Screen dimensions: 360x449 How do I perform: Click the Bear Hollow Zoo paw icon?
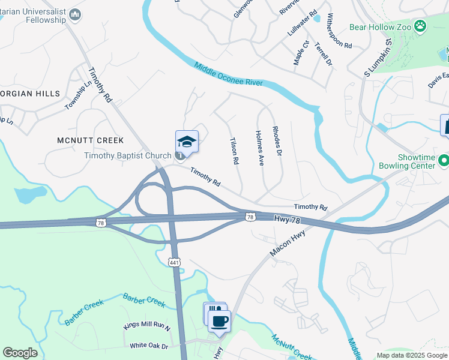point(420,26)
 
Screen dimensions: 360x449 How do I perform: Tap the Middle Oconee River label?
point(229,74)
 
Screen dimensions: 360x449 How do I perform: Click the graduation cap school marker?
point(187,142)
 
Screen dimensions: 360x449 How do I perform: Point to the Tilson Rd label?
point(234,152)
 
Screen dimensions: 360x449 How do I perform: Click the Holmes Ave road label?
point(260,148)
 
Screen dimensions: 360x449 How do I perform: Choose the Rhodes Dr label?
point(277,141)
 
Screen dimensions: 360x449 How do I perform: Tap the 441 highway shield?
point(174,262)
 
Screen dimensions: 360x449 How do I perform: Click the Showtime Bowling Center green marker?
point(444,161)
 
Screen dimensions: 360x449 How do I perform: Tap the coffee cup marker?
point(219,320)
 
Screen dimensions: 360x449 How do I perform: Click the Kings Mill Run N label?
point(147,326)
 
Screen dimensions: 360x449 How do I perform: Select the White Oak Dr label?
point(150,346)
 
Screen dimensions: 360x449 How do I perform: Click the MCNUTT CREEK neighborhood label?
point(90,140)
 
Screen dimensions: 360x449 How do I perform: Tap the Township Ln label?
point(77,97)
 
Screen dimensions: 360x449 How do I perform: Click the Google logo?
point(20,353)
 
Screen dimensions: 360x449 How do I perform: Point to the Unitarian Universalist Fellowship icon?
point(75,14)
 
